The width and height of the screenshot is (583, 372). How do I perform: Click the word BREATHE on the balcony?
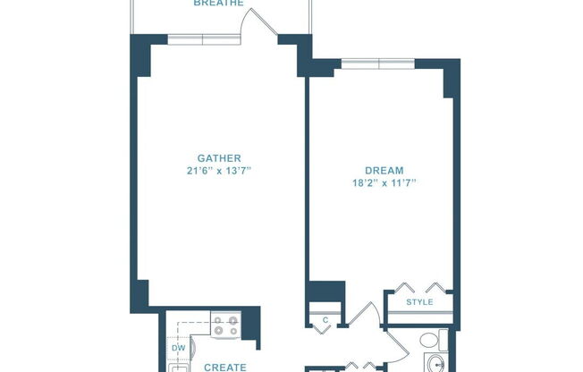(219, 4)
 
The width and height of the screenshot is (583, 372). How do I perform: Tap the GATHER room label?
(219, 158)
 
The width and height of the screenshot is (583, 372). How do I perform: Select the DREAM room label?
(384, 170)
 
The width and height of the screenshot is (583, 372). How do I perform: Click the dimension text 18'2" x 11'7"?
(384, 182)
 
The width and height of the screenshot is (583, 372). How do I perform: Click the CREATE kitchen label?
(224, 367)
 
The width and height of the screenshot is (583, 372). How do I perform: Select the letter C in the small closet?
(325, 319)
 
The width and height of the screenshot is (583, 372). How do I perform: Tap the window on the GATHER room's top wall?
(203, 39)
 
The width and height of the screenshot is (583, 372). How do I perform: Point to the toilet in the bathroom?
(429, 341)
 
